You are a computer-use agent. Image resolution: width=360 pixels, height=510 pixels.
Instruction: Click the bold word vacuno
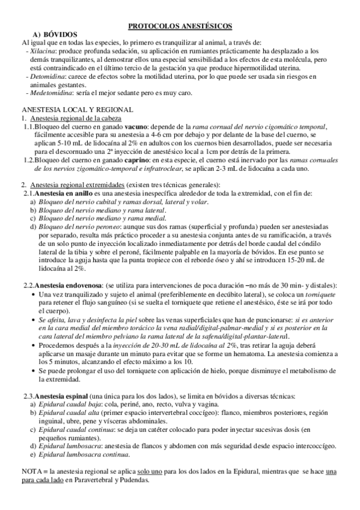coord(145,127)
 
